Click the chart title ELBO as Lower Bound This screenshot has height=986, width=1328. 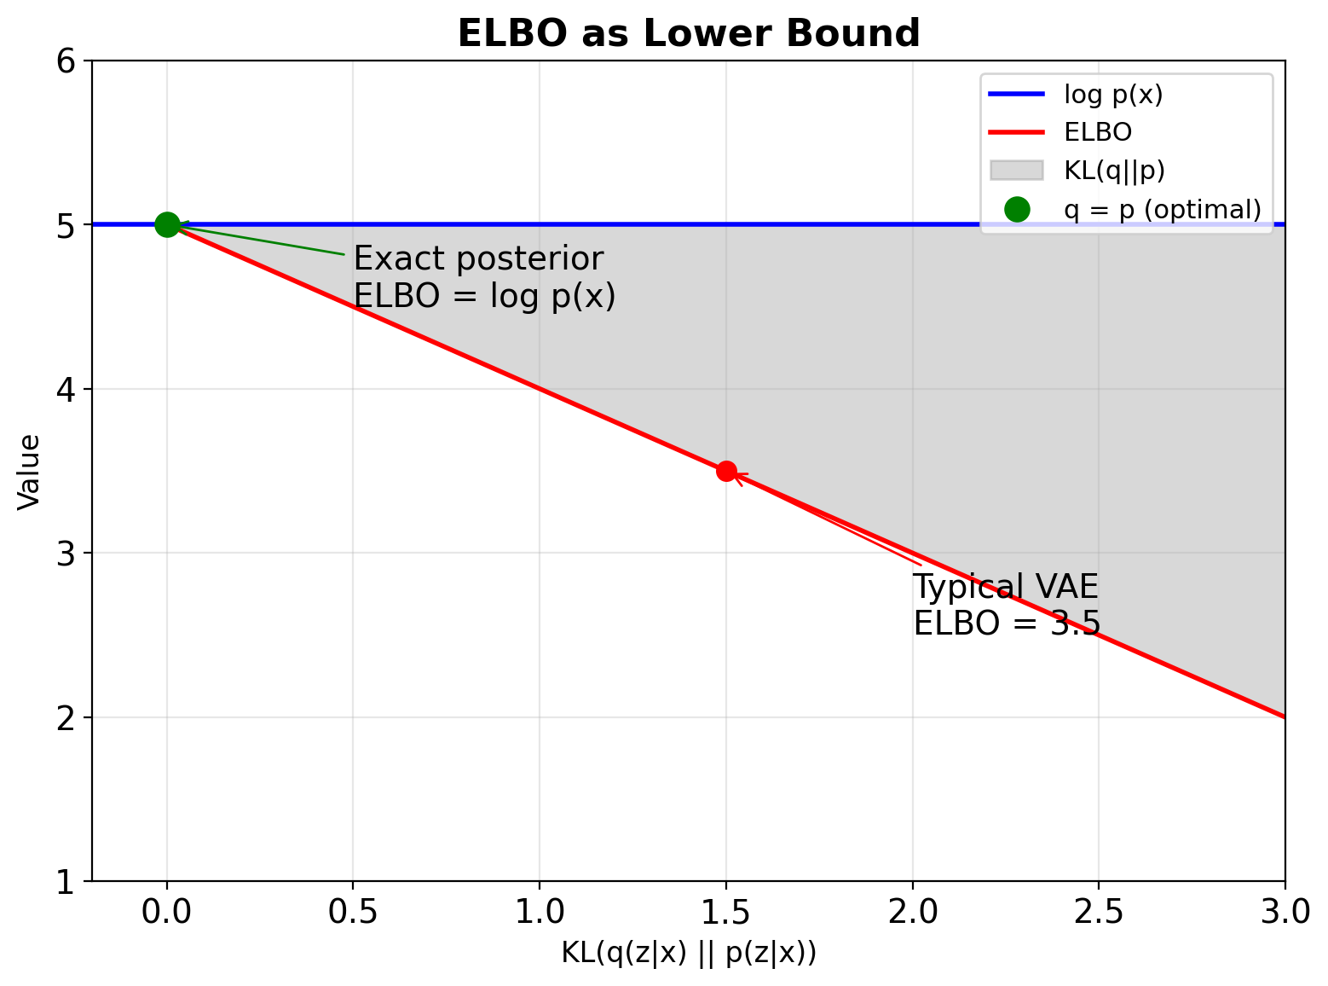pos(689,34)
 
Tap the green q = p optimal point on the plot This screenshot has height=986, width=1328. pos(167,224)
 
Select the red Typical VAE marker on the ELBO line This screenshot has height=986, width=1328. pos(726,471)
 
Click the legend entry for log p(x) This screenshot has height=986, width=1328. pos(1113,95)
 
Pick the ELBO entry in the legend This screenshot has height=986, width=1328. pos(1098,132)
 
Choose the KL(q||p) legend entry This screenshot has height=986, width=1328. pos(1114,171)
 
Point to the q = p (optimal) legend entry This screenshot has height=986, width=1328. pos(1162,209)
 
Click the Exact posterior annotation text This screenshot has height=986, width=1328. pos(478,258)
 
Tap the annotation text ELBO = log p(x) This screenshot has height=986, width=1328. pos(484,296)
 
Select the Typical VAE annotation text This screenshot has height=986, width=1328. pos(1006,587)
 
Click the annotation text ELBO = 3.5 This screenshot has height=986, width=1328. pos(1007,623)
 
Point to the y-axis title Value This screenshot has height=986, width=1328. pos(30,472)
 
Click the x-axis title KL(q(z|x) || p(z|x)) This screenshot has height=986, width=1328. pos(689,953)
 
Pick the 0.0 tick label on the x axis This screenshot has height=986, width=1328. pos(167,912)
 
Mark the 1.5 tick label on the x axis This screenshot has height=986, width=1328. pos(726,912)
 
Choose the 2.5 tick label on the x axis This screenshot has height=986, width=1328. pos(1099,912)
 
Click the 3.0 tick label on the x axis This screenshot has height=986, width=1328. pos(1285,912)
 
